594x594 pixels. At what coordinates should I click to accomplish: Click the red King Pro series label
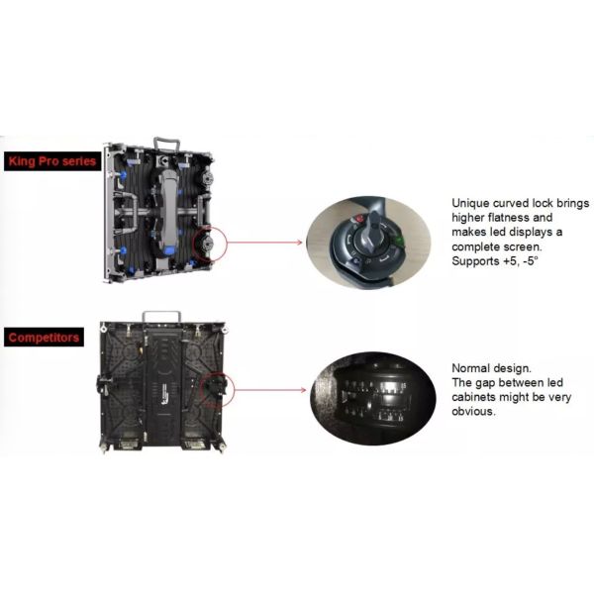pos(52,161)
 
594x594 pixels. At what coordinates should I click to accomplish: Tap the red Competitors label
pos(44,338)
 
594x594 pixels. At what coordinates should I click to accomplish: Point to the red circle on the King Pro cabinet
pos(227,244)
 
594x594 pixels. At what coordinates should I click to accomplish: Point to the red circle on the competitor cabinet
pos(235,389)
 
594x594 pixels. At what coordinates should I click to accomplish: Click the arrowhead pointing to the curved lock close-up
pos(300,243)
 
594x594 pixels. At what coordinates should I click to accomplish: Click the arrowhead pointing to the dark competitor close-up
pos(303,390)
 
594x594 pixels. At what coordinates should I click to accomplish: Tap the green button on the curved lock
pos(399,241)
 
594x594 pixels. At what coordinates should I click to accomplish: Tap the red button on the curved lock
pos(358,219)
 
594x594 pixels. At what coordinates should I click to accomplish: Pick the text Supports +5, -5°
pos(495,261)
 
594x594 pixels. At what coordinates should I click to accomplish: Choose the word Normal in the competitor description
pos(470,368)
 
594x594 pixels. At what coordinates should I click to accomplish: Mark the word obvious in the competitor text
pos(473,411)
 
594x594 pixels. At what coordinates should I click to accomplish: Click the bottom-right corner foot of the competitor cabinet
pos(222,447)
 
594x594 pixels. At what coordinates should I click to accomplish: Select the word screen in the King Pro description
pos(523,247)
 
